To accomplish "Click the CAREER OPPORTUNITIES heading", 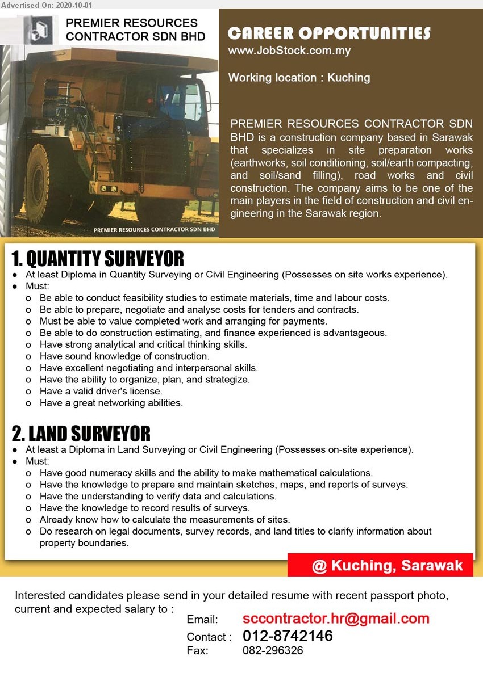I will click(x=329, y=33).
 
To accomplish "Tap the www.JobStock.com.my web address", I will click(x=289, y=51).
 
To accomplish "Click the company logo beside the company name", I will click(x=40, y=30).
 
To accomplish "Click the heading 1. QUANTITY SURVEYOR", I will click(x=98, y=259).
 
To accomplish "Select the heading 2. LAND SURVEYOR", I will click(x=81, y=434).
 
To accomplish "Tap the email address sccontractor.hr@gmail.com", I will click(x=336, y=619).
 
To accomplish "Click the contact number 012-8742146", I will click(x=288, y=636).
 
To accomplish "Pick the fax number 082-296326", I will click(x=273, y=651).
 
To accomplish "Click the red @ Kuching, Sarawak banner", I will click(x=380, y=565).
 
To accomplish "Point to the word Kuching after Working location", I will click(x=348, y=78).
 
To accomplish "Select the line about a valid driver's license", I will click(x=101, y=391).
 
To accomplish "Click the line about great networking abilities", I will click(x=111, y=403).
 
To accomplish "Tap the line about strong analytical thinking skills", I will click(x=143, y=344).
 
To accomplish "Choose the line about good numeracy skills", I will click(x=206, y=473).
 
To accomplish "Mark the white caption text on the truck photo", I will click(x=154, y=230).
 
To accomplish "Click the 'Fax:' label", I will click(x=198, y=651).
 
